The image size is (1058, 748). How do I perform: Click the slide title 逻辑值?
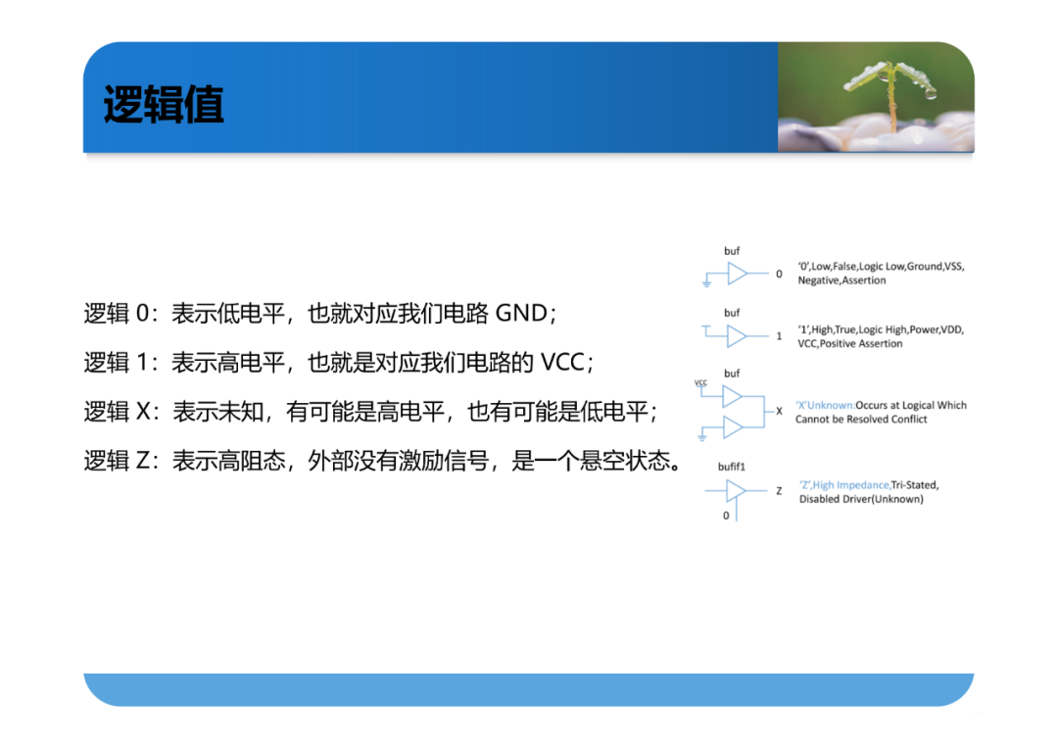coord(164,105)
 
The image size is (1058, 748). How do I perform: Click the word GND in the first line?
coord(521,314)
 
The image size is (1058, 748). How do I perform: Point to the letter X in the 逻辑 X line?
coord(144,411)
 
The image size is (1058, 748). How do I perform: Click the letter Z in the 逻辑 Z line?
coord(143,461)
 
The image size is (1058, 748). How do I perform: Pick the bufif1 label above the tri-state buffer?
coord(732,467)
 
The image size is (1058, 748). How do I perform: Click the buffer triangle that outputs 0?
coord(736,274)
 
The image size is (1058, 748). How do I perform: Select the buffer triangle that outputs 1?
coord(736,335)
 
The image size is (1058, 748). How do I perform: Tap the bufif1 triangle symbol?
coord(735,491)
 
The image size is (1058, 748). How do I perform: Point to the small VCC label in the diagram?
coord(701,382)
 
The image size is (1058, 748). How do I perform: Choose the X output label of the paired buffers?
coord(779,411)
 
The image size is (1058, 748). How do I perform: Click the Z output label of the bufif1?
coord(779,491)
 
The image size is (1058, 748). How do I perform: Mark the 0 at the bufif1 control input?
coord(726,516)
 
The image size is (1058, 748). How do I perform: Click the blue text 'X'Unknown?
coord(825,405)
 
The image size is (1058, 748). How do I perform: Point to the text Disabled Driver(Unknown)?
coord(861,499)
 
